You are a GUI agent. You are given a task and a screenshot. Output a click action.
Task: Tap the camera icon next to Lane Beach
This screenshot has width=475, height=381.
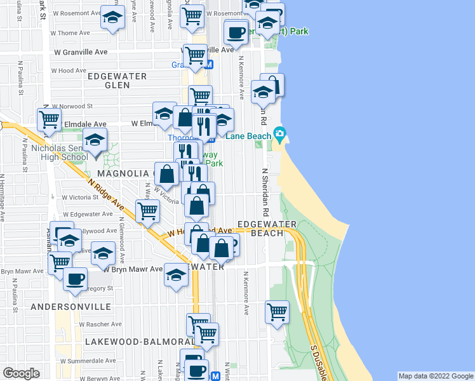tap(279, 134)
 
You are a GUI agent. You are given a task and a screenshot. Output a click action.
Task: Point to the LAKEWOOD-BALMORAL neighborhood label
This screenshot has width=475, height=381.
tap(131, 342)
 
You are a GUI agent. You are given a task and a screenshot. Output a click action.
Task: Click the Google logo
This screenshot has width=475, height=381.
tap(22, 373)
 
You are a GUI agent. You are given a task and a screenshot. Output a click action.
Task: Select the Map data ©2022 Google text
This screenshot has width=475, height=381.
tap(436, 376)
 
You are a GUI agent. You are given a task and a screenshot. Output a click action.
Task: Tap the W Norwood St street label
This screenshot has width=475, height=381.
tap(73, 106)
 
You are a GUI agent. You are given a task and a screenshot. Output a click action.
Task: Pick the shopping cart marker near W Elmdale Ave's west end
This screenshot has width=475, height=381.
tap(49, 119)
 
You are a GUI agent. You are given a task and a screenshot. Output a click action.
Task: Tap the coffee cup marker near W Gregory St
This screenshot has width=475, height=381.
tap(76, 279)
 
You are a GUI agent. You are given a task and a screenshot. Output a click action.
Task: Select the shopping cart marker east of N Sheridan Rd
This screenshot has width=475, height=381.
tap(278, 312)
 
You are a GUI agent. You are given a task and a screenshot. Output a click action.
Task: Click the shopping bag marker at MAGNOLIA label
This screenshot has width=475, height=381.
tap(166, 173)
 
